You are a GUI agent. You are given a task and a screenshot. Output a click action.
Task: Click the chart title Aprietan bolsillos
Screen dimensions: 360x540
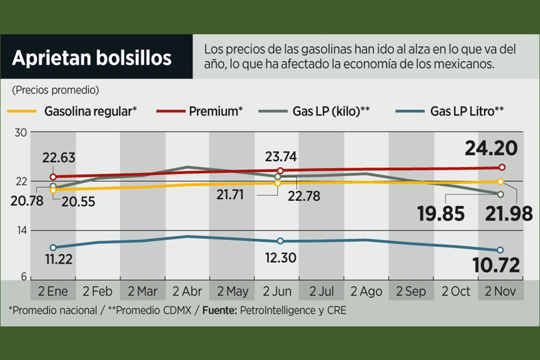(x=92, y=58)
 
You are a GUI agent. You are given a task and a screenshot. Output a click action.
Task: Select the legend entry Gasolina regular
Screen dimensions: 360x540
(x=90, y=111)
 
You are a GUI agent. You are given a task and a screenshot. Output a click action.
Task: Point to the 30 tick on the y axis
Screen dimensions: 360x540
(x=21, y=133)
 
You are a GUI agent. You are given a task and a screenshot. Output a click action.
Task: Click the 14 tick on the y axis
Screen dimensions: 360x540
(x=21, y=230)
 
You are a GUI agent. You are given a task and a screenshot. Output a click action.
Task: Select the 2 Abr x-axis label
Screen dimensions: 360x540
(x=187, y=292)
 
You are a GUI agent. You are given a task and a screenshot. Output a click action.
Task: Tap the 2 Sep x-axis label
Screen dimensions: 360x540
(x=411, y=292)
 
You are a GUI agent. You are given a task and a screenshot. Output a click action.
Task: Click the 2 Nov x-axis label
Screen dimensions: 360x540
(x=500, y=292)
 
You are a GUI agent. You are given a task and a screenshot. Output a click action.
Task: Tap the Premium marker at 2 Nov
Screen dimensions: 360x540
(x=502, y=167)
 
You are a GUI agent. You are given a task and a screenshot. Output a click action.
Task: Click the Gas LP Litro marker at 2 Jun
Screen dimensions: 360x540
(x=281, y=241)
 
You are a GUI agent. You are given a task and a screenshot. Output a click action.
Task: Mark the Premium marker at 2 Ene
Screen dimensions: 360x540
(x=53, y=177)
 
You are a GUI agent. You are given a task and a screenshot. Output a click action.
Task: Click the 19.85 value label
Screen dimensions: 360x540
(x=441, y=214)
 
